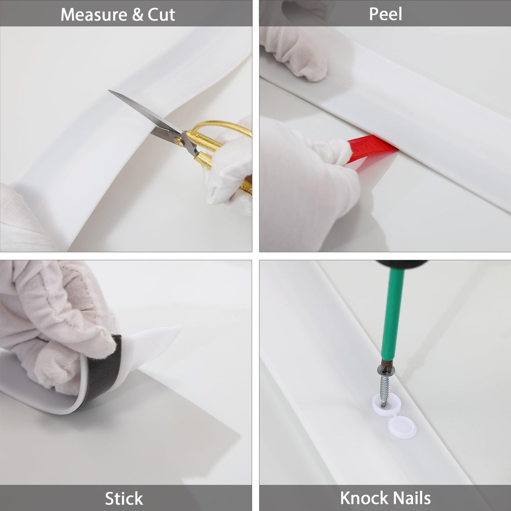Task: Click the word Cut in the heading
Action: pos(161,14)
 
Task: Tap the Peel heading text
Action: pos(385,14)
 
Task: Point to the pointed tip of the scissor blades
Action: pos(109,90)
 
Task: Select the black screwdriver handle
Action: pos(402,263)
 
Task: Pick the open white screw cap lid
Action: pos(402,427)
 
